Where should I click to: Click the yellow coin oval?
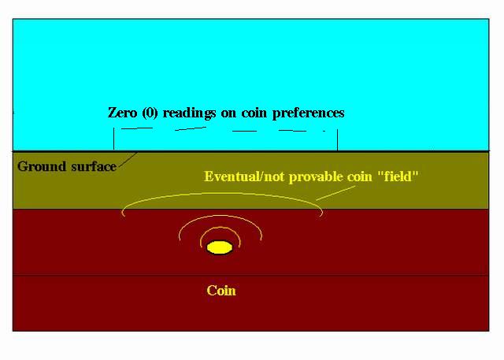(x=220, y=247)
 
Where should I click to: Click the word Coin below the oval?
(x=221, y=291)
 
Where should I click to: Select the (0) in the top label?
(x=150, y=113)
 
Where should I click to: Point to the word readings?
(x=189, y=113)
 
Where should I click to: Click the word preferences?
(x=308, y=113)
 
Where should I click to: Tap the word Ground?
(x=42, y=166)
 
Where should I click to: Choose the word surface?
(x=94, y=166)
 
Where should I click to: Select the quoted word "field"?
(x=398, y=176)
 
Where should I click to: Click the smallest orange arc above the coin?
(x=220, y=228)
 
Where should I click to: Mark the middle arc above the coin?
(x=220, y=216)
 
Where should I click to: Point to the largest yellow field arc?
(x=222, y=194)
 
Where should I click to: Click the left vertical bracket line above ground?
(x=113, y=139)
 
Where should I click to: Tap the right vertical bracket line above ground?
(x=337, y=139)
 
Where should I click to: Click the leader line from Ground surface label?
(x=128, y=160)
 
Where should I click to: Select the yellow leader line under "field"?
(x=336, y=193)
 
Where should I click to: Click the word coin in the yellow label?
(x=360, y=177)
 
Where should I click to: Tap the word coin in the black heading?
(x=254, y=113)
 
